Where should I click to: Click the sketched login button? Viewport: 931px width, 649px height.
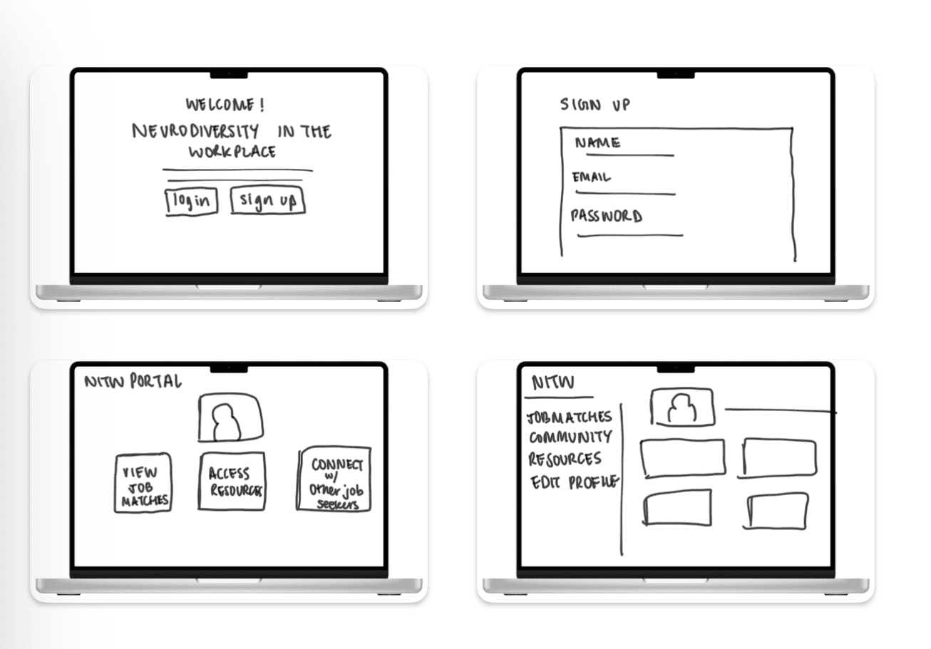192,202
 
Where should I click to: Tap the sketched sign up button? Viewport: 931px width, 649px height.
268,200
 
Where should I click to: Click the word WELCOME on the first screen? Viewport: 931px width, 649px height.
220,105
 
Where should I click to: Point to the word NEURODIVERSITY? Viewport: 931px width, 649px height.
195,131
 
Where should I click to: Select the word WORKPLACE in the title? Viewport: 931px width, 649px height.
232,152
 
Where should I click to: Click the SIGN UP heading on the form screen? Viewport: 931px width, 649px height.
595,105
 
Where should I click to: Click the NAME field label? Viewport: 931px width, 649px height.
597,143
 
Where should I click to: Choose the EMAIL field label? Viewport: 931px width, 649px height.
592,177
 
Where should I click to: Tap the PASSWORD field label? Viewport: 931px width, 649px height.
607,216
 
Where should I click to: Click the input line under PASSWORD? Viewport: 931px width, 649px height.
630,235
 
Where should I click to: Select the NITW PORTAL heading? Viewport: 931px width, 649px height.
133,381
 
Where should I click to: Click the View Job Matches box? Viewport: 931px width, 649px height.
143,483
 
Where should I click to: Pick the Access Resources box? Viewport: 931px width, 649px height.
232,482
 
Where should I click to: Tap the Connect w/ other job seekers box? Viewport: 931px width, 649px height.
334,479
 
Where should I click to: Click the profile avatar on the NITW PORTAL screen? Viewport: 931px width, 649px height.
231,417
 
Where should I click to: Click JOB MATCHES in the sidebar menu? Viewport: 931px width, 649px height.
569,417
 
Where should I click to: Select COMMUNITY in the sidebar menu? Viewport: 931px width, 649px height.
570,437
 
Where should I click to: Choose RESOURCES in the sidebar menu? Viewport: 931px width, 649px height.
565,459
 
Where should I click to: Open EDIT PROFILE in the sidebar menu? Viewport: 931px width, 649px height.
575,482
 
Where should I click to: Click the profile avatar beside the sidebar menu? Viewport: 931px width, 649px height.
682,407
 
